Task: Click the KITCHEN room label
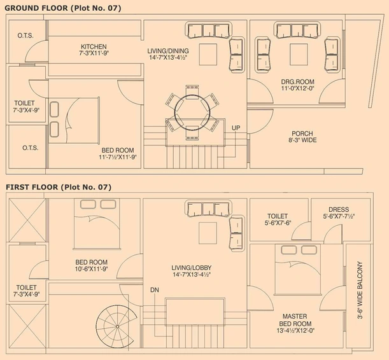(94, 46)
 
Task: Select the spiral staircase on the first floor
(117, 326)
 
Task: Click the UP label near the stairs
(236, 128)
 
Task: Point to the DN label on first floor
(155, 290)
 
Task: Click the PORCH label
(302, 134)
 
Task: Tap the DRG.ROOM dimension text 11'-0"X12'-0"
(298, 88)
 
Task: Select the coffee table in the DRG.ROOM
(299, 55)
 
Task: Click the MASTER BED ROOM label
(295, 320)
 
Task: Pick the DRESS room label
(339, 209)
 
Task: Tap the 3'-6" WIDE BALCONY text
(360, 290)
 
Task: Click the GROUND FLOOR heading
(36, 8)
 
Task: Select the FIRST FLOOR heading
(32, 187)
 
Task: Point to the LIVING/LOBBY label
(192, 268)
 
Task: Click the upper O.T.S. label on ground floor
(25, 36)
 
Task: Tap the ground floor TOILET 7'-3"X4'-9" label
(26, 107)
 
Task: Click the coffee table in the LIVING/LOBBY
(208, 233)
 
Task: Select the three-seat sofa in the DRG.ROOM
(297, 31)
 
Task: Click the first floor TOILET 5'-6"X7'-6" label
(278, 219)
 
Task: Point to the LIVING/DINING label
(168, 51)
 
